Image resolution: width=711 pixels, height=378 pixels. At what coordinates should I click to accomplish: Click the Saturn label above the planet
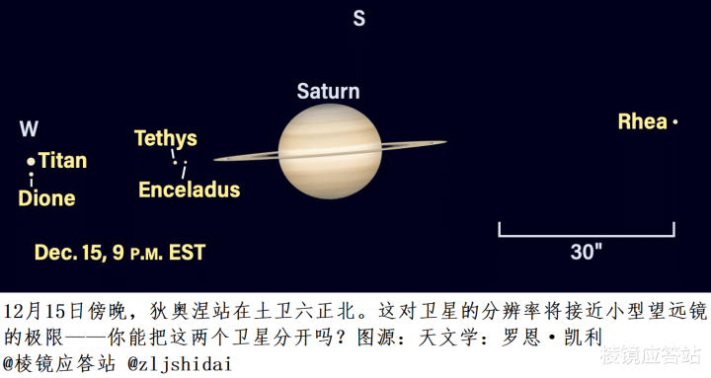328,91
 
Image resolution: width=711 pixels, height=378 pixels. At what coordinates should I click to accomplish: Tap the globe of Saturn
330,151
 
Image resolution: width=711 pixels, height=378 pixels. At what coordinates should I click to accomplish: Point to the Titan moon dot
31,161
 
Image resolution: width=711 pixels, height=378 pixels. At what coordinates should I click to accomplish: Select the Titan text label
62,161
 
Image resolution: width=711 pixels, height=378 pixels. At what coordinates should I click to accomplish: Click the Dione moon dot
31,174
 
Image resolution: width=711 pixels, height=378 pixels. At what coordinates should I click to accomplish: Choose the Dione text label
46,198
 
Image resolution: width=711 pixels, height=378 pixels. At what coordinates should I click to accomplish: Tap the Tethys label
166,139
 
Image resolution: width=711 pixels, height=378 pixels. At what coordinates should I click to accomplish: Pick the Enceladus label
189,189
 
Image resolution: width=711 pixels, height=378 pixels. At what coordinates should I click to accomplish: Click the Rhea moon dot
675,122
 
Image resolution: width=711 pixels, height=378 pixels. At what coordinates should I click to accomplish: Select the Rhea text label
643,121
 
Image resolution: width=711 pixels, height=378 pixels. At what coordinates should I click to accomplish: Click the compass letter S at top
359,18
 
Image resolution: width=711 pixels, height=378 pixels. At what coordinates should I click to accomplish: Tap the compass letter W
29,128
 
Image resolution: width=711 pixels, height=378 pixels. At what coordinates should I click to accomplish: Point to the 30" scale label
587,252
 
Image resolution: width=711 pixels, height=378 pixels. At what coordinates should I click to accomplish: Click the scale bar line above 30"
587,235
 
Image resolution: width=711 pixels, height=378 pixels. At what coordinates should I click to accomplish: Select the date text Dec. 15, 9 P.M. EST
120,253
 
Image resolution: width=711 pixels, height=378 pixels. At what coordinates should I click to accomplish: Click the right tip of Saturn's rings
446,142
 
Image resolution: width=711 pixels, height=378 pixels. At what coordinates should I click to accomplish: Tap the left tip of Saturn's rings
214,160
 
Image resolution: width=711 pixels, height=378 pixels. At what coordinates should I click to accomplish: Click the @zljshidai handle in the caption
180,363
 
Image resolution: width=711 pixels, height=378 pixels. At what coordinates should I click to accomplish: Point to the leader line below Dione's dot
32,182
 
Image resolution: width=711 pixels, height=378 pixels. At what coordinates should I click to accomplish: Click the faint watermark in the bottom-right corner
650,355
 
